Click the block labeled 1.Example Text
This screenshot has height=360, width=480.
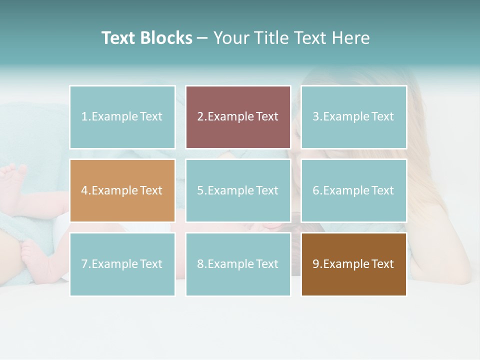click(x=122, y=117)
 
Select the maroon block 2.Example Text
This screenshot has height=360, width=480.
click(x=238, y=117)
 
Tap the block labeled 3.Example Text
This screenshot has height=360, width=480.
click(x=353, y=117)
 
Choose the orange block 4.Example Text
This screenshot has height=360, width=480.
click(x=122, y=190)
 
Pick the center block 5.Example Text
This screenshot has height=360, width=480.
click(x=238, y=190)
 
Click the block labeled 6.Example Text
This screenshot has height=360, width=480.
click(x=353, y=190)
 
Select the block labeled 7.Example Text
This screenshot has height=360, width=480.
click(x=122, y=264)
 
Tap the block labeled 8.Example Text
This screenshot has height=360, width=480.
click(x=238, y=264)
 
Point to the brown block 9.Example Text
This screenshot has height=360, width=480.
click(x=353, y=264)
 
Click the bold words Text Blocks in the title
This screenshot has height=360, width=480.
click(x=146, y=38)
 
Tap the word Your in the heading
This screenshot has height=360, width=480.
click(x=230, y=38)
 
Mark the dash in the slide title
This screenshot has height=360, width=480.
click(x=202, y=38)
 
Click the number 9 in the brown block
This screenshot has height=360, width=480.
click(x=315, y=264)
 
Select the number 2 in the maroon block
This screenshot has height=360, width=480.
click(x=200, y=117)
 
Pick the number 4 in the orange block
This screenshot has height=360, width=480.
click(x=84, y=190)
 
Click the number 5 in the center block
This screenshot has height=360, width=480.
click(x=200, y=190)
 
